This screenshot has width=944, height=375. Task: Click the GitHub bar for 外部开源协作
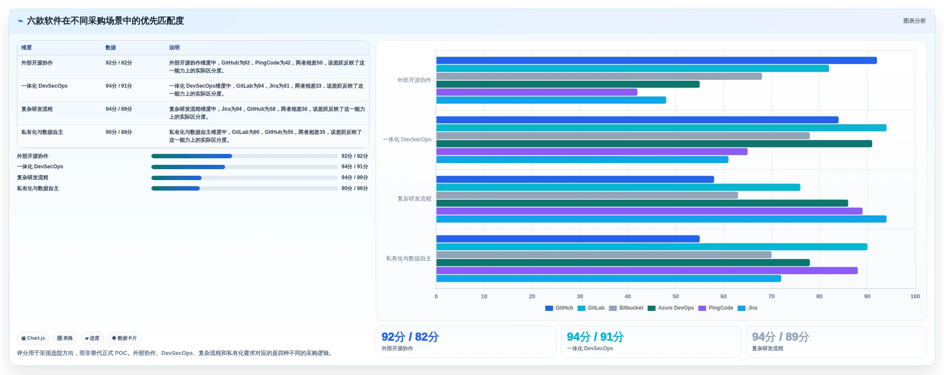tap(657, 61)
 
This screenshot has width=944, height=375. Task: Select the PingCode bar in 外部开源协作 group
tap(537, 92)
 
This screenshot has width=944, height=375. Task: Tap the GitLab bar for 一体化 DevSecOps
tap(661, 128)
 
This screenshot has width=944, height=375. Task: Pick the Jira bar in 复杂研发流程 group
tap(661, 219)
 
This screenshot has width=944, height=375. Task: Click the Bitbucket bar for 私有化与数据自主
tap(604, 255)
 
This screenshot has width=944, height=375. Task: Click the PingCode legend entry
tap(716, 308)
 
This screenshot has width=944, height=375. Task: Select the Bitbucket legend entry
tap(626, 308)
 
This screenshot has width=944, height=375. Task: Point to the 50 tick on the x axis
tap(676, 297)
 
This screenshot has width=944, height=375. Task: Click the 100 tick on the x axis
tap(915, 297)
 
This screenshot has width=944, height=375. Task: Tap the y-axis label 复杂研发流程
tap(414, 199)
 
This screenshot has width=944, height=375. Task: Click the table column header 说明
tap(174, 48)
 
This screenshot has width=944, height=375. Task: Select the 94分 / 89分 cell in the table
tap(119, 109)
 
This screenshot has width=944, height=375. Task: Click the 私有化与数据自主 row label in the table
tap(42, 132)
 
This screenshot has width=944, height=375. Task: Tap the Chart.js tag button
tap(33, 338)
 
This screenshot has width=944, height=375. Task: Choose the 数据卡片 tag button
tap(124, 338)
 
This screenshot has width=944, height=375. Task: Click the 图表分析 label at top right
tap(914, 21)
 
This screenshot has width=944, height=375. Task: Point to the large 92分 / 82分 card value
tap(410, 337)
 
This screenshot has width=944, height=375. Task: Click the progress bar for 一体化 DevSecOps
tap(244, 167)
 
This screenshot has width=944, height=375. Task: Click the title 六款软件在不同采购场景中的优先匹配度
tap(105, 21)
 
